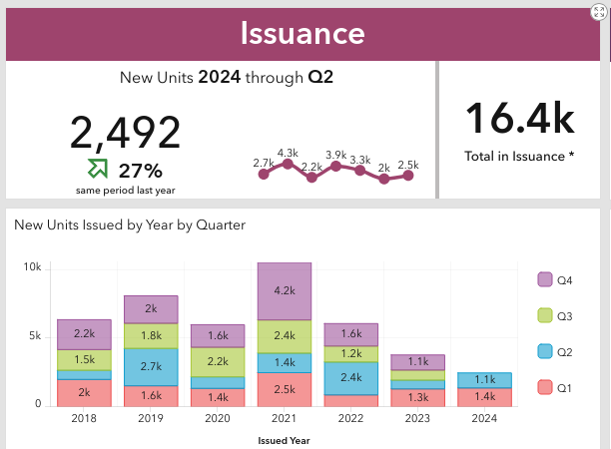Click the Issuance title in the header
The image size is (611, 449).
(x=303, y=32)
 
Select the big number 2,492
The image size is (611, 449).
(x=126, y=133)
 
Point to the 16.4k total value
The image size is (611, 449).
(x=519, y=119)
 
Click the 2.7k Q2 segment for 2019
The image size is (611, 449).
(x=151, y=367)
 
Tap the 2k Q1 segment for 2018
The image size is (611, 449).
(x=83, y=393)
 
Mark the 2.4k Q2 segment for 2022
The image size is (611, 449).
(x=351, y=378)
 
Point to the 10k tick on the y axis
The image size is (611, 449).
(x=32, y=268)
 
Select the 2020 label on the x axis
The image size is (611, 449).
(x=218, y=419)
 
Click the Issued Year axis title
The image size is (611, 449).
(x=285, y=439)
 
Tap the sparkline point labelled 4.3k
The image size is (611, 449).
(x=288, y=164)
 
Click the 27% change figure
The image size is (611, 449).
(x=141, y=170)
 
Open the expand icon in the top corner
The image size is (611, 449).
(x=599, y=11)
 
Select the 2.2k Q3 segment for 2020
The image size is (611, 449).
(x=218, y=362)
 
